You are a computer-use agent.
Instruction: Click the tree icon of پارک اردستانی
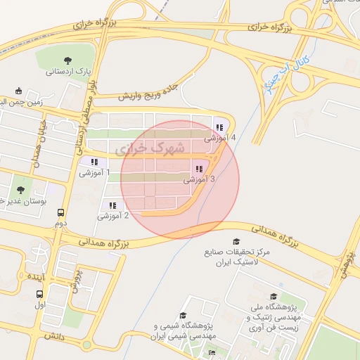[67, 60]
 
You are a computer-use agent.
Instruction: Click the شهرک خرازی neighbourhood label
[150, 148]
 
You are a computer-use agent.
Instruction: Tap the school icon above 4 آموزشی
[219, 127]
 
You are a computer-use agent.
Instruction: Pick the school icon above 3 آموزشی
[199, 169]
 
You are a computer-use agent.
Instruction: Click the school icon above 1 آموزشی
[94, 162]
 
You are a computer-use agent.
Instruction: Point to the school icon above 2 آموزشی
[112, 205]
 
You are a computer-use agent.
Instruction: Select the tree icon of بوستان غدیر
[20, 189]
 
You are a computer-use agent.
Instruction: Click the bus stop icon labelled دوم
[61, 212]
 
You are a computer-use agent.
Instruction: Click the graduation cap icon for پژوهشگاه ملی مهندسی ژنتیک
[274, 297]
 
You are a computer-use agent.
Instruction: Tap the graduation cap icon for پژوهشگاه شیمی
[184, 316]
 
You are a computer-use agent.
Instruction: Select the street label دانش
[54, 337]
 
